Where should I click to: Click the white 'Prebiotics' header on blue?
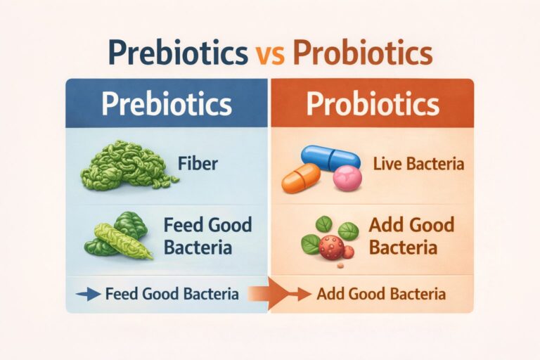(x=166, y=104)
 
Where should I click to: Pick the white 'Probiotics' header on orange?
(x=373, y=104)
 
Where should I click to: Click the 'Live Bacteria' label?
(x=409, y=165)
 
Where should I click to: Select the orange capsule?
(x=301, y=179)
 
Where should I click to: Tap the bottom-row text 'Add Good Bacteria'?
(x=380, y=294)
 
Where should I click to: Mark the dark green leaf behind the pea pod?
(x=131, y=224)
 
